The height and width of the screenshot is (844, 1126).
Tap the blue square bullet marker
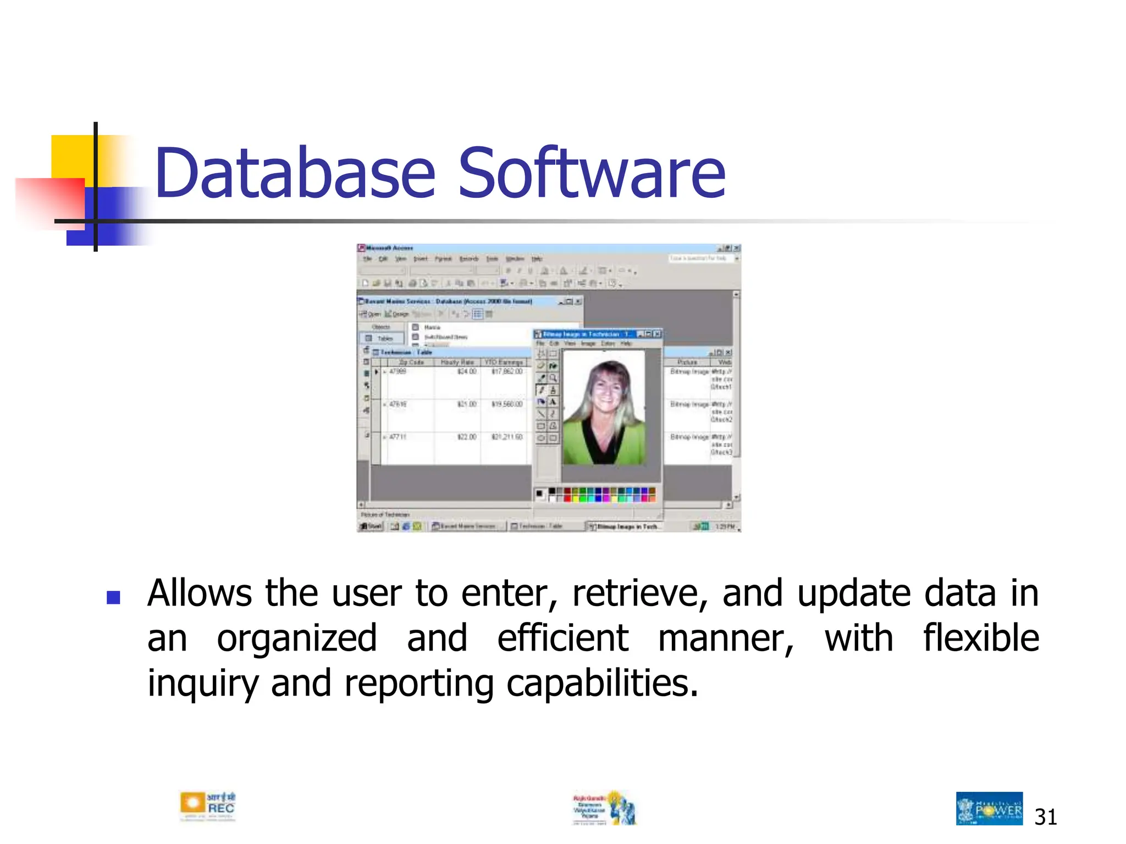[x=114, y=597]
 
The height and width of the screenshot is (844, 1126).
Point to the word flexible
[x=980, y=638]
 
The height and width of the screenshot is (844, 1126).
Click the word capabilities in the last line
[x=601, y=684]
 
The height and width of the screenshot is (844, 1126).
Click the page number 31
[x=1045, y=817]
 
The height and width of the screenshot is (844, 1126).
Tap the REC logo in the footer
[x=207, y=807]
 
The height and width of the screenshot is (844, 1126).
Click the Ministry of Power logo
[x=989, y=808]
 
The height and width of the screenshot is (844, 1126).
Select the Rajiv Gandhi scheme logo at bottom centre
[x=604, y=808]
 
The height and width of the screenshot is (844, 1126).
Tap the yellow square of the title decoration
[x=71, y=156]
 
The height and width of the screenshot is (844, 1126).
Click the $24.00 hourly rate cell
[x=467, y=372]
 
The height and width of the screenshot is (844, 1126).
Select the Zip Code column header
[x=411, y=362]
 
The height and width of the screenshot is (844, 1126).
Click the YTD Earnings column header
[x=504, y=362]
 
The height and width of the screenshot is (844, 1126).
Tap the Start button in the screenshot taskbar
[x=371, y=526]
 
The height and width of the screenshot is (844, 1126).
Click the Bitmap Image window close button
[x=657, y=334]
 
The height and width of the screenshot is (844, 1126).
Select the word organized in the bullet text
[x=296, y=638]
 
